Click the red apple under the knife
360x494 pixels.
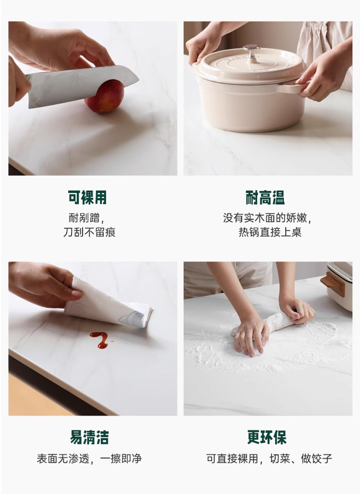click(x=104, y=97)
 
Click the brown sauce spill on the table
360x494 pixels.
click(x=101, y=340)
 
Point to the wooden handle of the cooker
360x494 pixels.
click(x=332, y=285)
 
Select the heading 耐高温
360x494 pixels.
click(x=265, y=198)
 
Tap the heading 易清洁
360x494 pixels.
click(x=90, y=437)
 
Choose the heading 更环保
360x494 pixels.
click(x=267, y=437)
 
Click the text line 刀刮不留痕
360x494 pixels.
click(x=90, y=232)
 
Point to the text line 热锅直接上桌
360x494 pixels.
click(x=270, y=232)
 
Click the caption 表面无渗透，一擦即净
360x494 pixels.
click(x=90, y=459)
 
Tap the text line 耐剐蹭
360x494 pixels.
click(x=84, y=218)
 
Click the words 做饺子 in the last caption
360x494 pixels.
click(x=316, y=459)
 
